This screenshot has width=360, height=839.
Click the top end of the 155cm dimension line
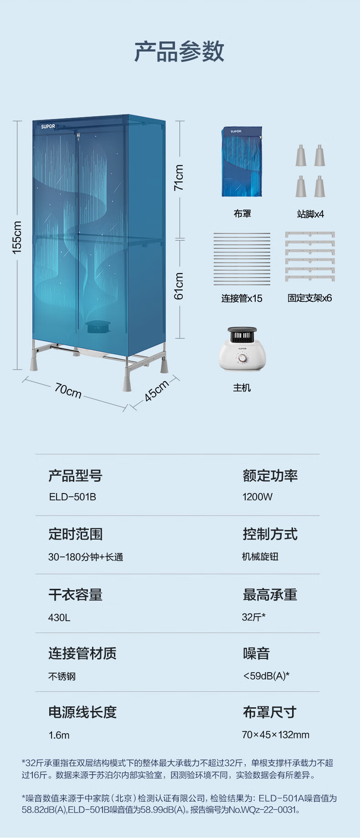pyautogui.click(x=17, y=121)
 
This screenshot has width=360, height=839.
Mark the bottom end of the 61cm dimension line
pyautogui.click(x=180, y=338)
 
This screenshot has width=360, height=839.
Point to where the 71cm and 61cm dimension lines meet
pyautogui.click(x=180, y=239)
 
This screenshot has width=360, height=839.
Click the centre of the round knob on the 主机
pyautogui.click(x=242, y=358)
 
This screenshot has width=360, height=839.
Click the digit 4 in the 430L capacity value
pyautogui.click(x=51, y=618)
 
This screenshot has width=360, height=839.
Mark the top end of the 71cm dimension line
pyautogui.click(x=180, y=121)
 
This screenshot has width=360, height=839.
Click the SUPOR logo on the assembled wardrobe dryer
pyautogui.click(x=48, y=126)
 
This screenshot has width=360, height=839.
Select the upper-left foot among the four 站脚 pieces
pyautogui.click(x=301, y=155)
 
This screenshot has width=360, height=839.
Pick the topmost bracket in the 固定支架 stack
pyautogui.click(x=310, y=234)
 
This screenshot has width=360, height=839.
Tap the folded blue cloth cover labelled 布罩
pyautogui.click(x=242, y=162)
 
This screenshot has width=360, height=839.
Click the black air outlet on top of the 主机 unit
pyautogui.click(x=242, y=335)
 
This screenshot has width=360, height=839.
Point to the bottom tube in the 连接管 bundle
pyautogui.click(x=242, y=284)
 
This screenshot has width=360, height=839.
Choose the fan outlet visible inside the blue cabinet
pyautogui.click(x=98, y=326)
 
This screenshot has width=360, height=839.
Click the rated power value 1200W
pyautogui.click(x=257, y=497)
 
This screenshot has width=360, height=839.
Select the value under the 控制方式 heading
pyautogui.click(x=260, y=556)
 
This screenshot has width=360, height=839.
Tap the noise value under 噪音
pyautogui.click(x=266, y=676)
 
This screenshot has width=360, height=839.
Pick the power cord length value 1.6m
pyautogui.click(x=59, y=735)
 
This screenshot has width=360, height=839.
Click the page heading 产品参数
pyautogui.click(x=180, y=51)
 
